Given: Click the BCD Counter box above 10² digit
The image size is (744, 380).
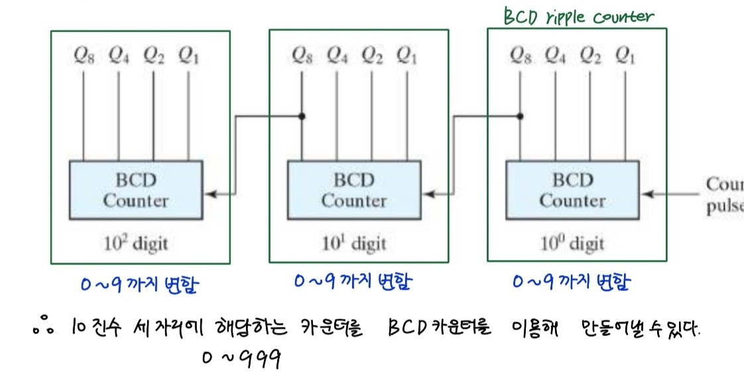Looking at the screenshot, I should (x=135, y=190).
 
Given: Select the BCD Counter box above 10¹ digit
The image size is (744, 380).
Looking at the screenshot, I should (x=353, y=190).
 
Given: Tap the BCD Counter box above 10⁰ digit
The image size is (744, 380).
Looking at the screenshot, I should (x=572, y=190).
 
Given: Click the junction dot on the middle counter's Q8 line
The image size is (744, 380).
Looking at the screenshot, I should (x=302, y=116).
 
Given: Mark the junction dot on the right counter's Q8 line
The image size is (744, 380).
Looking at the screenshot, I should (x=520, y=116).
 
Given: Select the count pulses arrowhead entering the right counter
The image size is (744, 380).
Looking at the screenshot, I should (x=646, y=194).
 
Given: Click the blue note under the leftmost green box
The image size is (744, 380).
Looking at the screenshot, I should (x=140, y=286).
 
